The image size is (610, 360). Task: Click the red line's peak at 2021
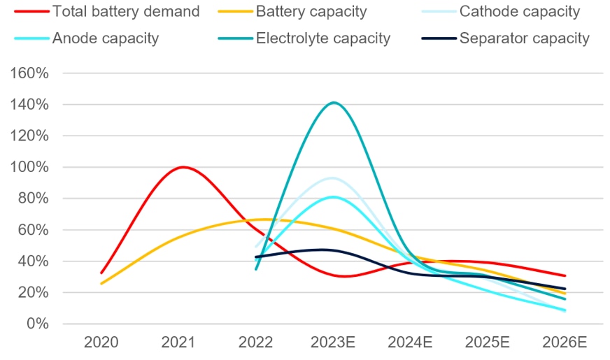183,167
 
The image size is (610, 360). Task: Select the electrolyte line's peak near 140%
334,103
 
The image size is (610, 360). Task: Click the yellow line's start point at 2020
102,284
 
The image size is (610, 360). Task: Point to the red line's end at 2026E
565,275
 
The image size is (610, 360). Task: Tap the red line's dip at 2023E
341,276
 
